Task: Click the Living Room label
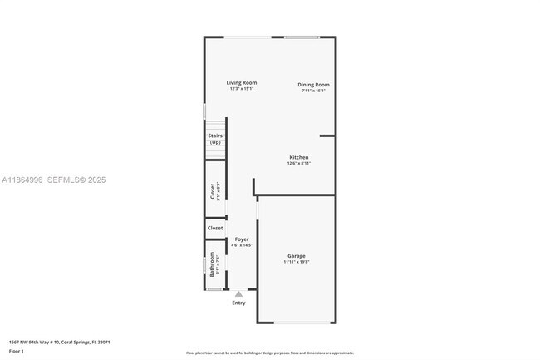click(243, 82)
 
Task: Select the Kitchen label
click(298, 157)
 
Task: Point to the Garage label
click(297, 255)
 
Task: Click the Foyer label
click(241, 239)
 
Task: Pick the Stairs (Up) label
click(215, 139)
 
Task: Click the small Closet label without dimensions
click(215, 228)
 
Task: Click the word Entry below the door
click(239, 303)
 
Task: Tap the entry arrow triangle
click(239, 293)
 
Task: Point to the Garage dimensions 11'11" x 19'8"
click(297, 262)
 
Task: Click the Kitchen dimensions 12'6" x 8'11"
click(298, 164)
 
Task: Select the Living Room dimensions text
click(243, 89)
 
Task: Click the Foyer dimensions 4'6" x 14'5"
click(241, 245)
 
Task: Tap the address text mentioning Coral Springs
click(60, 342)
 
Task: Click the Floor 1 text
click(17, 352)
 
